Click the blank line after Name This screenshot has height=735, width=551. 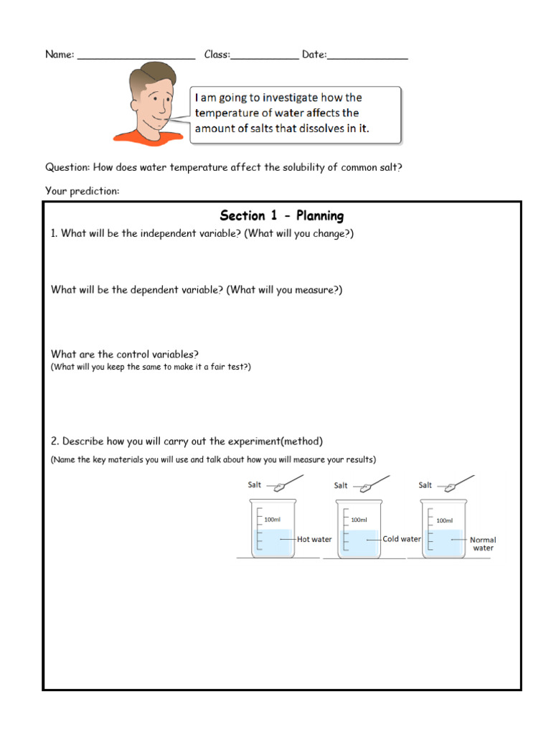[136, 57]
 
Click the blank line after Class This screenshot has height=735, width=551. [265, 57]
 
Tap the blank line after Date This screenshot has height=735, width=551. [367, 57]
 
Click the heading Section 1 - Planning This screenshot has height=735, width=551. [281, 215]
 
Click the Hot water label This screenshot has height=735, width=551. [314, 539]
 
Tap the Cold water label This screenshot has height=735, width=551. [402, 539]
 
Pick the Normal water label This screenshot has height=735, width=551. [483, 543]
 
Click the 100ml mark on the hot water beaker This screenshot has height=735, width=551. [272, 519]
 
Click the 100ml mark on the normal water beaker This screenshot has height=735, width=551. [445, 520]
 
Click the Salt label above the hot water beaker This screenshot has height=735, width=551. [255, 484]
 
